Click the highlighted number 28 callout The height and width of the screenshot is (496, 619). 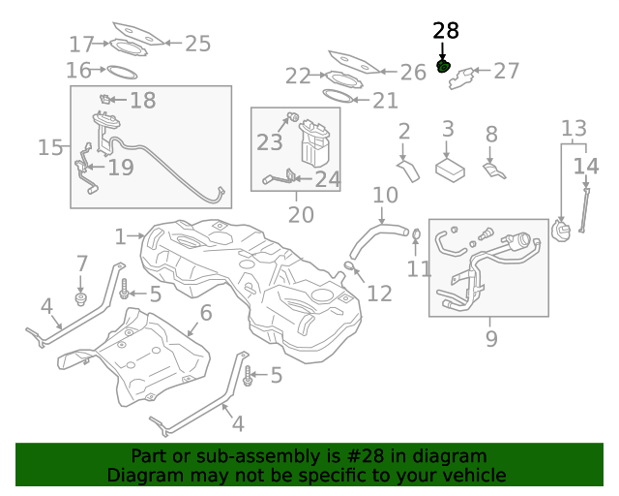(446, 31)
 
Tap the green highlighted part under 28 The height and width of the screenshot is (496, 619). (444, 67)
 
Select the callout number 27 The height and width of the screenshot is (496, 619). (506, 71)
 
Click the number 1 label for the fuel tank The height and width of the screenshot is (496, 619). (120, 236)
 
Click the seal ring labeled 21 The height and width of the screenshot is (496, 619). (336, 97)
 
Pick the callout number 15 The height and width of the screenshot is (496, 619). (50, 147)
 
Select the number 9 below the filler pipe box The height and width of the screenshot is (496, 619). (491, 338)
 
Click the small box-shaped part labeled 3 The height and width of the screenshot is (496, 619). (449, 170)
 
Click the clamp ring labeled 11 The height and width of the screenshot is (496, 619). (416, 234)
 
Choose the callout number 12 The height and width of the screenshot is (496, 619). (380, 293)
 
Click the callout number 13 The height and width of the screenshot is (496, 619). (574, 128)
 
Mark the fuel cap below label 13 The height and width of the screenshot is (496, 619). (560, 232)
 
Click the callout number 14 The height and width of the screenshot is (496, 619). (586, 167)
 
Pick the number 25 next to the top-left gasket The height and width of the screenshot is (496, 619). (197, 43)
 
